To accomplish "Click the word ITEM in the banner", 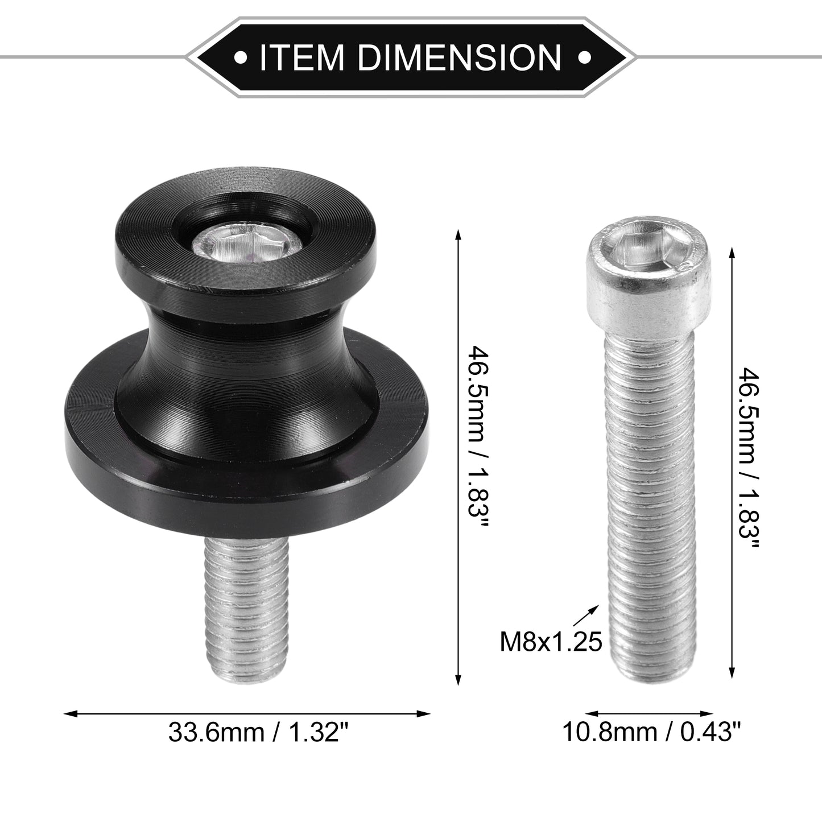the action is tap(301, 57).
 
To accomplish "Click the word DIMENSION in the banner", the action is tap(460, 57).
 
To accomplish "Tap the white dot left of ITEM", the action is tap(241, 57).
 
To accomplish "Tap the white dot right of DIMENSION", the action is tap(584, 57).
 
